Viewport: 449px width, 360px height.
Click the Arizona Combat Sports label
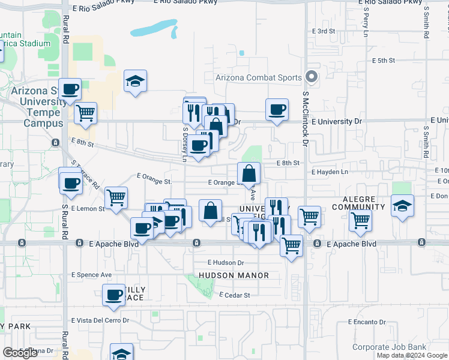(258, 77)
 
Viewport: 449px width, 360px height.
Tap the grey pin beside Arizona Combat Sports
(311, 77)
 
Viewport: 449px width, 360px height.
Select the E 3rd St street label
(323, 31)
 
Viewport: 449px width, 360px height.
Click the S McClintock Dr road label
(305, 119)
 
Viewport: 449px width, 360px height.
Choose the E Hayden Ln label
(330, 172)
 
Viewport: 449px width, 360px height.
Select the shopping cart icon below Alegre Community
(360, 220)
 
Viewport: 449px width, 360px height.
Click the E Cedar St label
(234, 295)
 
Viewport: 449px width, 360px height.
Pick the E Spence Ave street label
(91, 275)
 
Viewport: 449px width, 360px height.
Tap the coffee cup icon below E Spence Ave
(113, 295)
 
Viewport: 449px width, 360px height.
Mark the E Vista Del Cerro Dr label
(100, 320)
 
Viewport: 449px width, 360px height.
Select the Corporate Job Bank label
(389, 347)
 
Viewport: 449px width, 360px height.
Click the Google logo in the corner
(20, 353)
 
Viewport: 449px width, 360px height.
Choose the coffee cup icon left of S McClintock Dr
(277, 110)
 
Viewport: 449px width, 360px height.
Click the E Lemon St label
(87, 209)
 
